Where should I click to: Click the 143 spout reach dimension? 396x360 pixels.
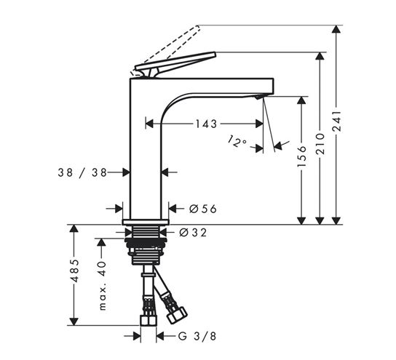[206, 124]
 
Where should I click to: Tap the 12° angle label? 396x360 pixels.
[237, 142]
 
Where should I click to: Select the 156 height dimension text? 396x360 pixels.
[301, 156]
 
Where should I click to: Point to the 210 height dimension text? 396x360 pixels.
[320, 144]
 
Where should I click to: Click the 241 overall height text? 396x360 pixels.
[336, 121]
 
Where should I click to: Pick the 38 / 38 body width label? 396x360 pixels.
[82, 173]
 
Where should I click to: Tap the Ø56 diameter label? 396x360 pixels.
[203, 209]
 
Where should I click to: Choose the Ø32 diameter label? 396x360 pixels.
[193, 232]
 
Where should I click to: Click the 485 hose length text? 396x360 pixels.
[74, 271]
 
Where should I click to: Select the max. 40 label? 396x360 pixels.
[103, 285]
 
